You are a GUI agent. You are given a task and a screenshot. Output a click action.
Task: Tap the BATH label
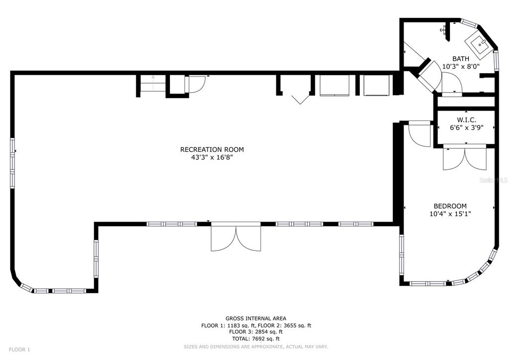tap(460, 59)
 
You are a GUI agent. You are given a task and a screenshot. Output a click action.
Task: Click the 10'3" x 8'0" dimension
tap(460, 66)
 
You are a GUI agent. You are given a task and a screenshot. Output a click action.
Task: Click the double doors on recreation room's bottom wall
tap(236, 239)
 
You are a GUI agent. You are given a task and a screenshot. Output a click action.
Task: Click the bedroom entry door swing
tap(418, 134)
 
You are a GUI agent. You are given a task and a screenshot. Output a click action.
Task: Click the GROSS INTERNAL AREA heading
tap(255, 319)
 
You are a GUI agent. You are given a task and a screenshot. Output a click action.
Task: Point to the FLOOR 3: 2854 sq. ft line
tap(255, 332)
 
